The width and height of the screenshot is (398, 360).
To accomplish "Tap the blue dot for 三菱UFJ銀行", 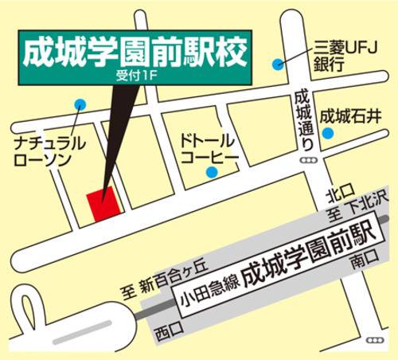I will pos(278,64).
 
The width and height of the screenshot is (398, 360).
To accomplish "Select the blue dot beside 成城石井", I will pos(327,133).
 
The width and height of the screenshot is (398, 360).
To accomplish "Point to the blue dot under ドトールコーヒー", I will pos(212,172).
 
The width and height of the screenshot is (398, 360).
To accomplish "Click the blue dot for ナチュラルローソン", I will pos(80,104).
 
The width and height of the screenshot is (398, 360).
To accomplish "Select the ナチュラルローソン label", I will pos(45,151).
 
